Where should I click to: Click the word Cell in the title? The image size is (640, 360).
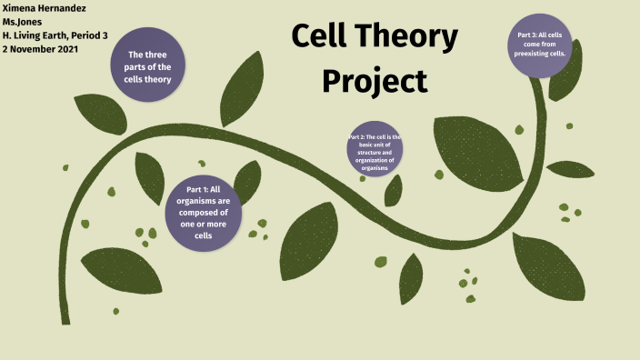click(326, 38)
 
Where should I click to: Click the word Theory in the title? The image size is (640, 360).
click(410, 38)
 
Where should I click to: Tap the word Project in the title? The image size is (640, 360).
click(374, 81)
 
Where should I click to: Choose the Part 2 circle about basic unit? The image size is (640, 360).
click(374, 152)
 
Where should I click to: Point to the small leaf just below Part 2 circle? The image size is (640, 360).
click(393, 190)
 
